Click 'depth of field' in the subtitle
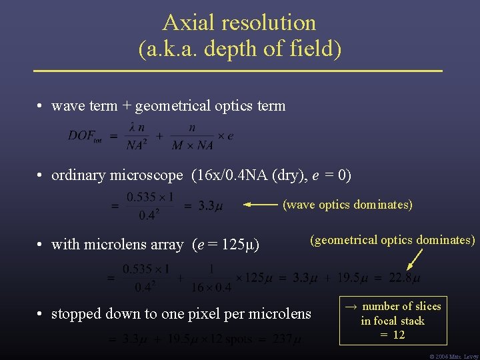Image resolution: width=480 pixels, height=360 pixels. tap(271, 49)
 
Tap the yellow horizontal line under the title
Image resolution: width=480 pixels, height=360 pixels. tap(239, 70)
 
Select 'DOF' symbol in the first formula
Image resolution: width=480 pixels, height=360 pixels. tap(82, 136)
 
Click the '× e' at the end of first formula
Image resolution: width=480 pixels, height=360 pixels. tap(226, 135)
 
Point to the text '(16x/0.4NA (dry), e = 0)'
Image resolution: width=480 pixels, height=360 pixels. tap(271, 175)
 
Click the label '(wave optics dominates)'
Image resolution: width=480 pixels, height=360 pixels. tap(347, 205)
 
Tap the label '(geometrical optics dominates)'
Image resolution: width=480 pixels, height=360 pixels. tap(392, 240)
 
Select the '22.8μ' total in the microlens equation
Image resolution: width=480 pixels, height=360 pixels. tap(405, 277)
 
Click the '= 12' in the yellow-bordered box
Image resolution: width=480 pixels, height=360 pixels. tap(393, 335)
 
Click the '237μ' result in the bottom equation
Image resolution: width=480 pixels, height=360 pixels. tap(282, 339)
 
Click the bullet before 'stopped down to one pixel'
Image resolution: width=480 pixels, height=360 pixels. tap(41, 313)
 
